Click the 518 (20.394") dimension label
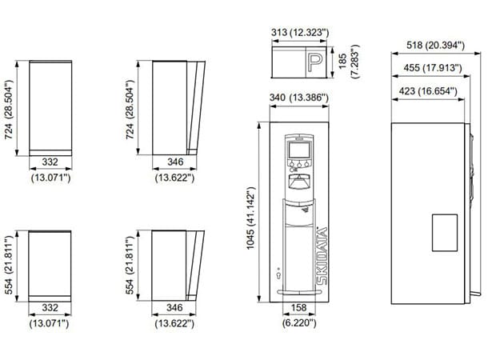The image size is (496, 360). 435,46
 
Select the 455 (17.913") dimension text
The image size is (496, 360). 433,68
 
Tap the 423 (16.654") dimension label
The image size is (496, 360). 428,91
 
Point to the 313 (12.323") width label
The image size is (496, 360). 300,32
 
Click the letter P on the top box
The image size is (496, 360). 315,62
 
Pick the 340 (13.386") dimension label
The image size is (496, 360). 299,98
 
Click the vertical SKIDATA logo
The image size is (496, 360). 322,256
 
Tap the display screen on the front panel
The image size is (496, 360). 299,150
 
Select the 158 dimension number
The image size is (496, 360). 298,307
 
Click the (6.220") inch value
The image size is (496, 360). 299,323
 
